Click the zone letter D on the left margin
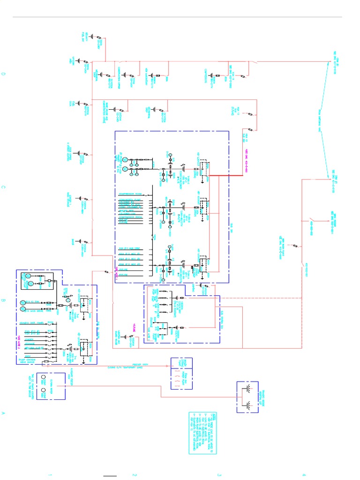(x=4, y=75)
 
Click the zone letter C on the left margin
(x=4, y=187)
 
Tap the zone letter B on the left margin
(x=4, y=301)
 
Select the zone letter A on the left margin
(x=4, y=414)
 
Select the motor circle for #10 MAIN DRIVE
(x=23, y=309)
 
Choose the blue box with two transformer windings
(x=247, y=397)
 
